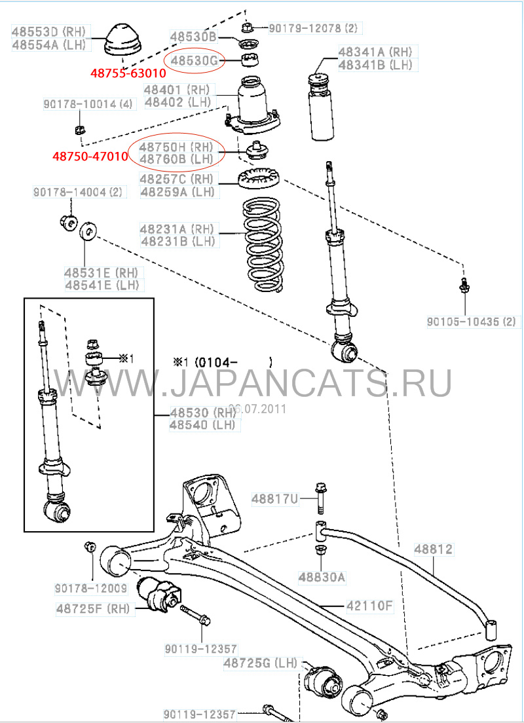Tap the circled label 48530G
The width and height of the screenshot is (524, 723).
[x=195, y=62]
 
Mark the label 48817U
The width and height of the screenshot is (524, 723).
[x=274, y=500]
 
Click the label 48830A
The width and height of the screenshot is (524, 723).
[x=322, y=578]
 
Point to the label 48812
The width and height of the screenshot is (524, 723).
[x=432, y=549]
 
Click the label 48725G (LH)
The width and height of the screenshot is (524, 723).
[x=255, y=663]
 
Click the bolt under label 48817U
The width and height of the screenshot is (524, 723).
[x=320, y=498]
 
